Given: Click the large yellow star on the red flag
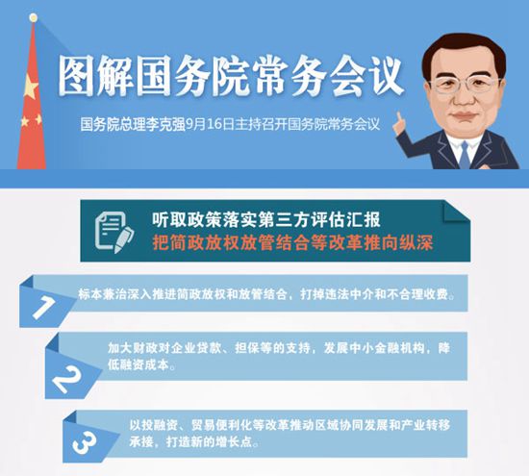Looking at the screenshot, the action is click(x=31, y=88).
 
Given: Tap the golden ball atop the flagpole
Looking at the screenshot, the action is click(x=34, y=17).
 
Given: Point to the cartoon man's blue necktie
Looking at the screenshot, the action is click(x=465, y=155).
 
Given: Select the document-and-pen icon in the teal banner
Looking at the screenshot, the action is click(x=114, y=232).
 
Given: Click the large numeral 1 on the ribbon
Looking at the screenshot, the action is click(x=43, y=307).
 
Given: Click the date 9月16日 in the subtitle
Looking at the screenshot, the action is click(x=210, y=124).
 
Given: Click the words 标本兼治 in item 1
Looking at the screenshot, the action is click(x=96, y=294).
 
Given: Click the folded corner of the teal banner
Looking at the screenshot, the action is click(x=456, y=212).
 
